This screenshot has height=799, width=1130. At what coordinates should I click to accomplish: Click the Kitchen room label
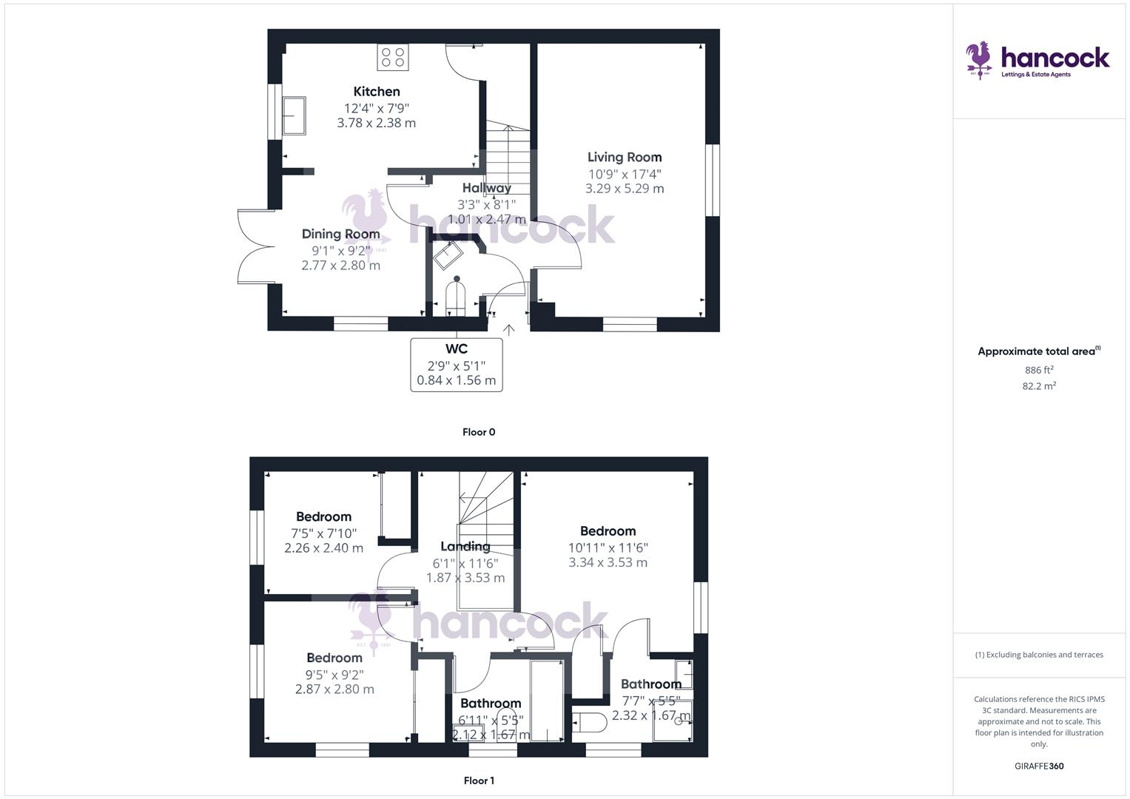point(377,92)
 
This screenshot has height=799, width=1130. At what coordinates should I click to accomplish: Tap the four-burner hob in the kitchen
point(393,58)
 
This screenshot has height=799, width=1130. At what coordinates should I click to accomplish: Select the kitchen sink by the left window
point(295,116)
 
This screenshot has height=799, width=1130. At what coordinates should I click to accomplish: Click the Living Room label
point(625,157)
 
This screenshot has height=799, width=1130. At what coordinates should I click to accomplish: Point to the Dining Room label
point(340,234)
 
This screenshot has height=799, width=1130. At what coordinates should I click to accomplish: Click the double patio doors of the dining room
point(255,246)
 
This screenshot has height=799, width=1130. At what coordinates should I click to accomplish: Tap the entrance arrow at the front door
point(508,328)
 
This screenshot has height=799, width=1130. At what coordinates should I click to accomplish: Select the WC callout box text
point(457,365)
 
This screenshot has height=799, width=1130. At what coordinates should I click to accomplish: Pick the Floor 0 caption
point(479,432)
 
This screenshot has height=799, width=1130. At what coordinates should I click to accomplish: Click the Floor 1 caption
point(479,781)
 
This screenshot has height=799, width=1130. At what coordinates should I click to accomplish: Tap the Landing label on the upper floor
point(465,547)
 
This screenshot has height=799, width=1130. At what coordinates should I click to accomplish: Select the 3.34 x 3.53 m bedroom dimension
point(608,562)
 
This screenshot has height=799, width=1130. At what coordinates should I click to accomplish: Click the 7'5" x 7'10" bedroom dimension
point(323,533)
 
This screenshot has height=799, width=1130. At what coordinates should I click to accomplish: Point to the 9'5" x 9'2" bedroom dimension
point(334,674)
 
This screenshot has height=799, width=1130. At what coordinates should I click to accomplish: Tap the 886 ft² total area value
point(1039,370)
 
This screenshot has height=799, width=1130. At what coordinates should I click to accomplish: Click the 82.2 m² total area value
point(1039,385)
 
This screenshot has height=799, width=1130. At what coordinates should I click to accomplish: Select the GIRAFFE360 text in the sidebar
point(1039,766)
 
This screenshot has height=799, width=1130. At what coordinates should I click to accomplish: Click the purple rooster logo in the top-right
point(980,59)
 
